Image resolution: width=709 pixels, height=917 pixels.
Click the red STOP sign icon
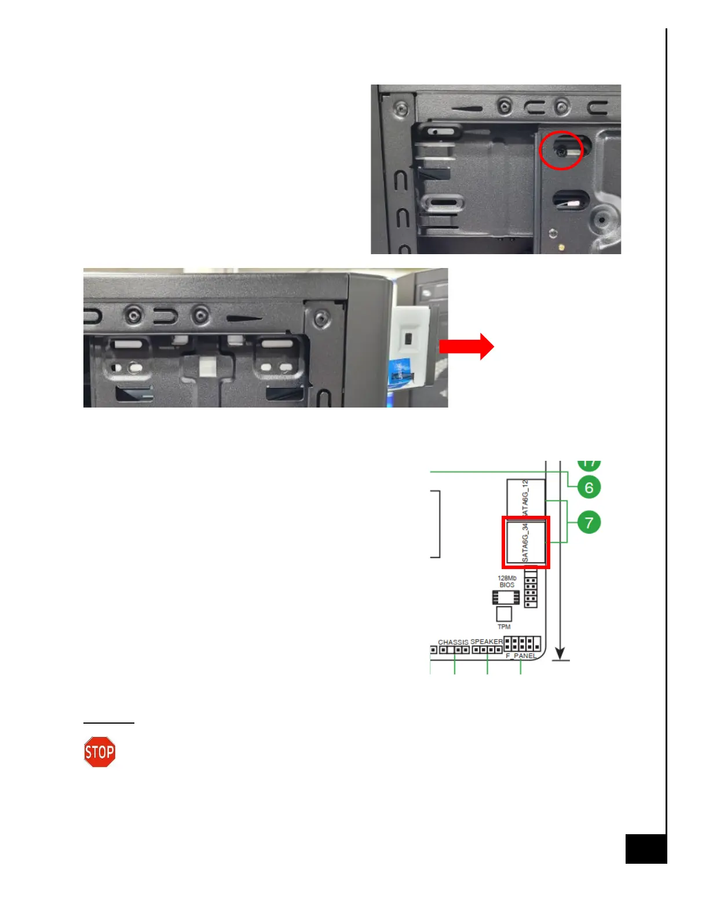point(100,752)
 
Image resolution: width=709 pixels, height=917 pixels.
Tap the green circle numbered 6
point(589,487)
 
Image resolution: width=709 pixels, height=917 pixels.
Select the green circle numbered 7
point(589,523)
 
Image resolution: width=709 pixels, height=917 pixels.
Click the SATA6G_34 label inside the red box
point(525,542)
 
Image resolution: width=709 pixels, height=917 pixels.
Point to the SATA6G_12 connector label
point(525,498)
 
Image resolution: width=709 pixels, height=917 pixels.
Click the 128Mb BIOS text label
point(507,581)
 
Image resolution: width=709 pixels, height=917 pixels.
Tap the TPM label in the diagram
point(504,627)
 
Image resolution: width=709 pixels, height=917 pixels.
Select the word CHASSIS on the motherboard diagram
point(453,642)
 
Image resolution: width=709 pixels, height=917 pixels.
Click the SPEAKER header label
point(486,641)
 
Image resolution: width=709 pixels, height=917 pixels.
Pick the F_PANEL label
point(521,656)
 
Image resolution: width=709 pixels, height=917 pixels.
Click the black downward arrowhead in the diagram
point(560,652)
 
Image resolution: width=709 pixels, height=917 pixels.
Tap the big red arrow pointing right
point(466,347)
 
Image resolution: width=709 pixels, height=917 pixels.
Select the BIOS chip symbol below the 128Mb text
point(505,597)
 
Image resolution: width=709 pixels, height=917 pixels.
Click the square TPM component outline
point(504,614)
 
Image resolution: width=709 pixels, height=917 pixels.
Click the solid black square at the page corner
point(646,849)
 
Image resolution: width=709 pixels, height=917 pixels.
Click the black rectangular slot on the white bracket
point(408,338)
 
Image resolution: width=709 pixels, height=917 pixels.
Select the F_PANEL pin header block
point(522,644)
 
